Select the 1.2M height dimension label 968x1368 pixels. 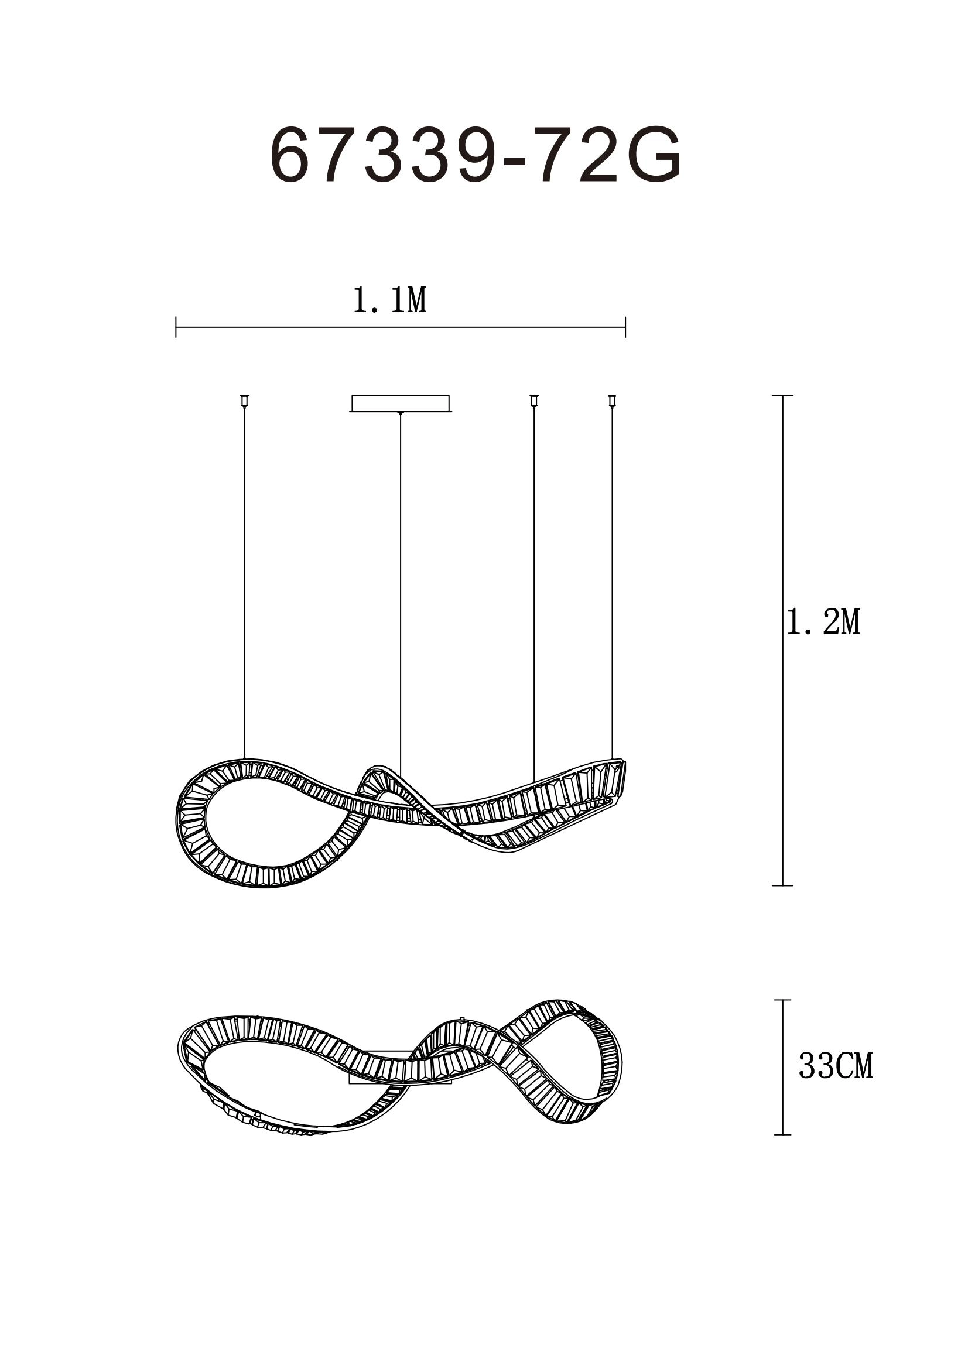[824, 623]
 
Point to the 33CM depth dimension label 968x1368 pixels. [836, 1066]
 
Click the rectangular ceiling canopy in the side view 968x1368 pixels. [401, 403]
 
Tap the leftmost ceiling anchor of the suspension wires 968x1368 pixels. [244, 401]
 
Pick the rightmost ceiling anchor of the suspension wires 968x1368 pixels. [611, 401]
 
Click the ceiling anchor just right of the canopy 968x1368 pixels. [534, 401]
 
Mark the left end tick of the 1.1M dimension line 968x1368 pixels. [176, 327]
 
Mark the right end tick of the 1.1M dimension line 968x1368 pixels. [625, 327]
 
